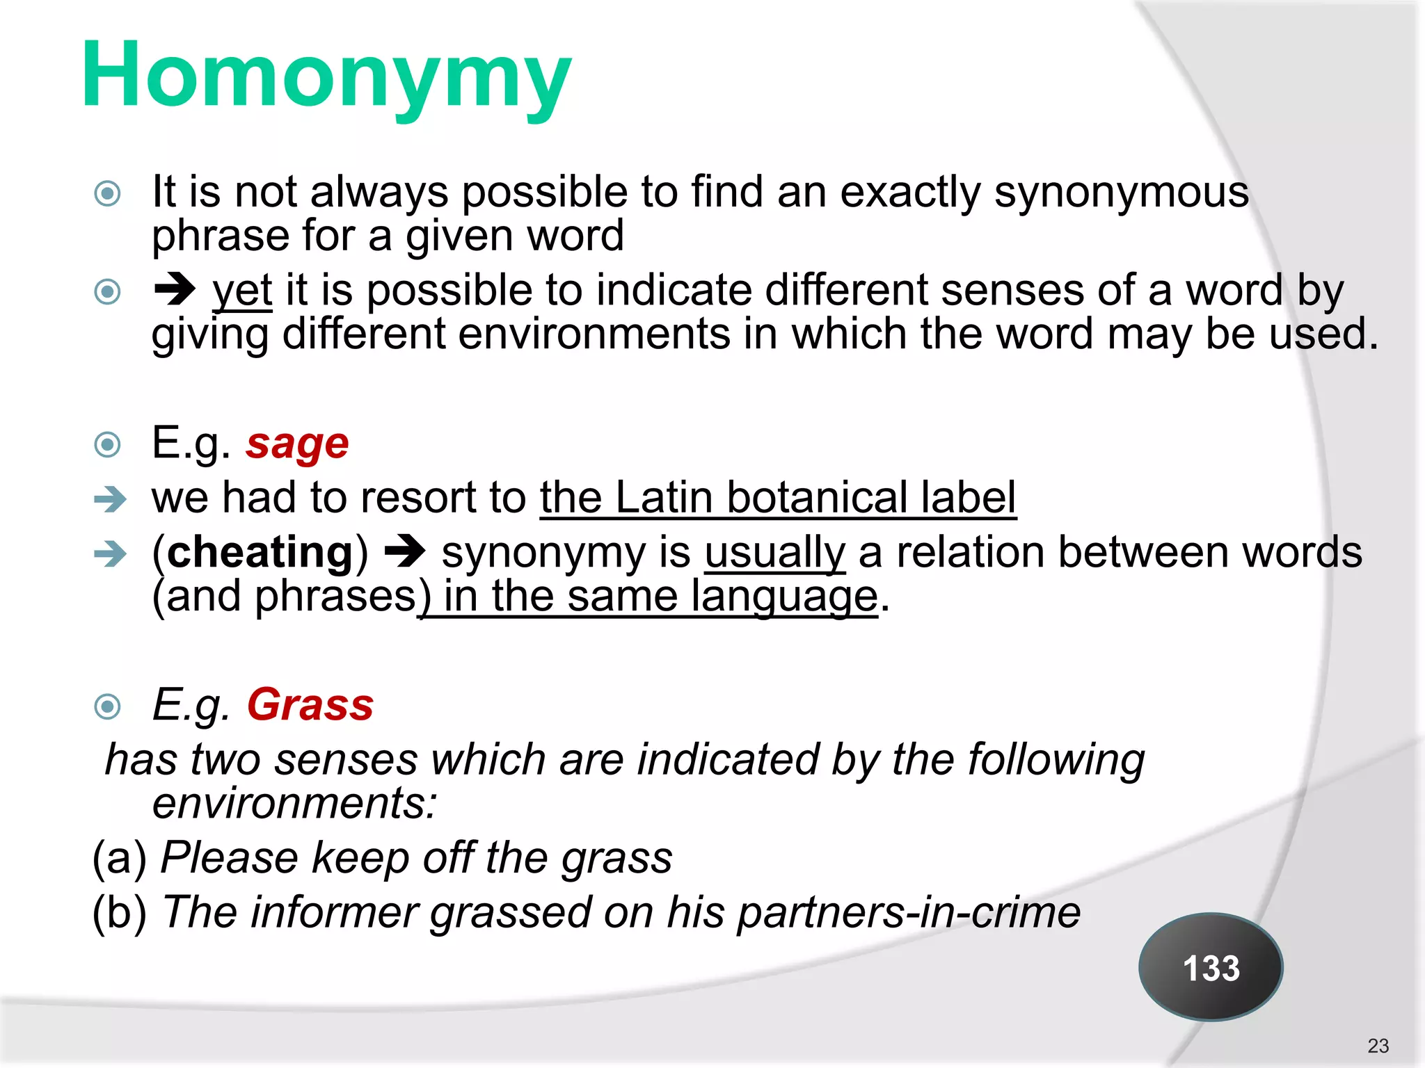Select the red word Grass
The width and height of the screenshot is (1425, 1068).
(x=310, y=704)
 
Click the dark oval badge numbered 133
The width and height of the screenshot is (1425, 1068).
(x=1211, y=967)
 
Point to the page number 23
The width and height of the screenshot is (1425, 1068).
(x=1378, y=1046)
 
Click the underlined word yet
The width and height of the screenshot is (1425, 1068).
(x=242, y=290)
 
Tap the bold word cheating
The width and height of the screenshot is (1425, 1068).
(x=260, y=552)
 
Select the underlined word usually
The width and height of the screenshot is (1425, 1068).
(x=774, y=552)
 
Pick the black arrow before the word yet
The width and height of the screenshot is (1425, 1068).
(x=175, y=290)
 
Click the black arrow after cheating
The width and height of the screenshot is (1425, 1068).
(x=405, y=552)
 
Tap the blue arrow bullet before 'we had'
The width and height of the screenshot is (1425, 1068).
(x=111, y=499)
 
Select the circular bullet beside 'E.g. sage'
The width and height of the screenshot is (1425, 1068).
(x=108, y=444)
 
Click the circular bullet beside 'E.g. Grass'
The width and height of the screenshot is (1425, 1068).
(x=108, y=706)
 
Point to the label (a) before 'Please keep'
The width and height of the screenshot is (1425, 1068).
(x=120, y=857)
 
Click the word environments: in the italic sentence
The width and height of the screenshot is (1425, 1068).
(x=294, y=803)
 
